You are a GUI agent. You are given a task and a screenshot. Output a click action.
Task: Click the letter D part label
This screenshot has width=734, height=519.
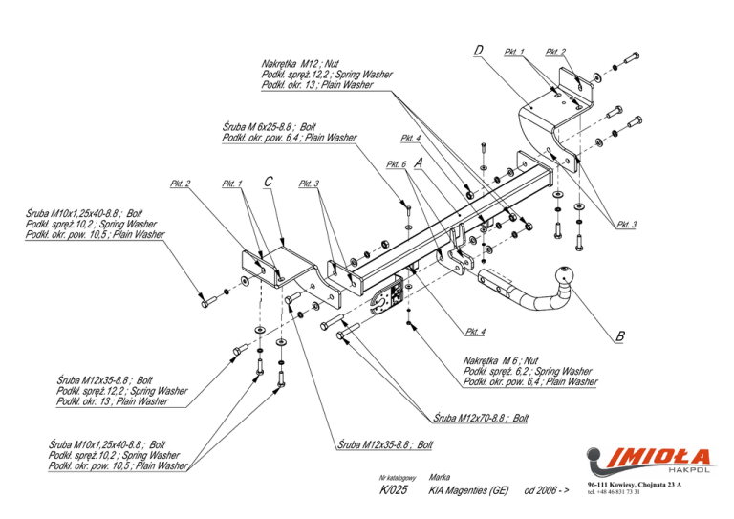point(477,49)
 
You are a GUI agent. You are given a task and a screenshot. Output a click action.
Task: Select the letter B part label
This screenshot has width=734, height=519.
point(620,335)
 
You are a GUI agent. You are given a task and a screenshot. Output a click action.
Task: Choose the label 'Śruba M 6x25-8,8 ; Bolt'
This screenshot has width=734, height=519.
point(269,126)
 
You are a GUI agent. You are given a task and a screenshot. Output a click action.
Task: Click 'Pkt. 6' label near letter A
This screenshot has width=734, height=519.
point(397,164)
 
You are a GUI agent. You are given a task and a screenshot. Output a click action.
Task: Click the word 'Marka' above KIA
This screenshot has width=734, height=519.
point(441,475)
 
